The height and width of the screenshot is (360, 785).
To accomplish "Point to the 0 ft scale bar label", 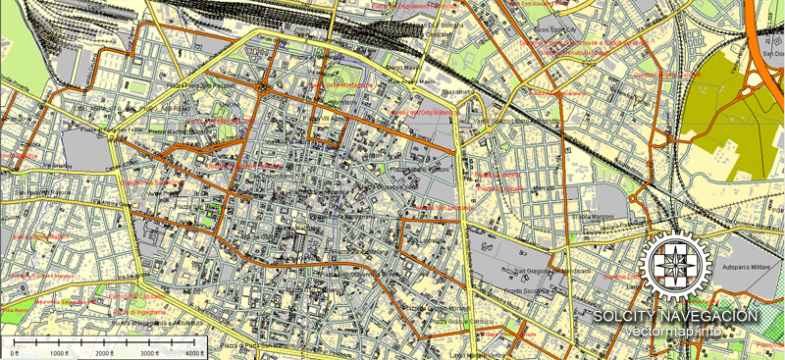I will (x=14, y=352).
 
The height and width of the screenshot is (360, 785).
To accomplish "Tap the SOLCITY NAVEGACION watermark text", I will (x=675, y=316).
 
